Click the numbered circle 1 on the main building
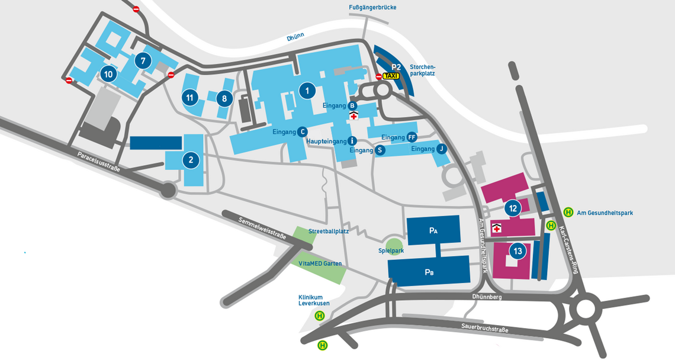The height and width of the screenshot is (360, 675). tap(307, 91)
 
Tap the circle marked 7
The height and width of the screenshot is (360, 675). tap(143, 60)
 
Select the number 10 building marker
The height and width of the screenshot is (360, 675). tap(108, 74)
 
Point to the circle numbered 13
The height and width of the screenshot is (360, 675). tap(518, 251)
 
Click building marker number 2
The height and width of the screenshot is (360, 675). tap(191, 159)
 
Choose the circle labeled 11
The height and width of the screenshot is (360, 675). tap(189, 97)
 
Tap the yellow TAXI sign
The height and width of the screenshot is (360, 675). tap(391, 76)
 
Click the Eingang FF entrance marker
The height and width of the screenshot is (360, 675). tap(412, 137)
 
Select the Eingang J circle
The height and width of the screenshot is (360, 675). tap(441, 149)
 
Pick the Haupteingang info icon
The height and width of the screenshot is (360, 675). tap(352, 141)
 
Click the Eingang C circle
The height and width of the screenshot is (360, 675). tap(302, 131)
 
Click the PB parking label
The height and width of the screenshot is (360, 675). tap(429, 272)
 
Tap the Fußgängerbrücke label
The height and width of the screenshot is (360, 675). tap(372, 8)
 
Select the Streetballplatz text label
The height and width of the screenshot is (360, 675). tap(329, 231)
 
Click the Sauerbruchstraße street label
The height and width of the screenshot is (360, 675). tap(485, 329)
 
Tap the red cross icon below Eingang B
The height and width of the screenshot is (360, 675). tap(353, 116)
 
